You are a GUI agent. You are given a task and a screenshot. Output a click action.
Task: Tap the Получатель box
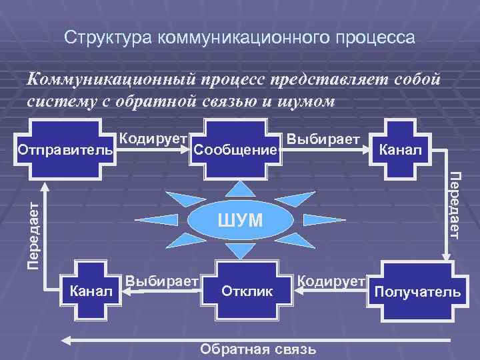pos(417,291)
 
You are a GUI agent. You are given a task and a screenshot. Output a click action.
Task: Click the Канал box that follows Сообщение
pos(400,148)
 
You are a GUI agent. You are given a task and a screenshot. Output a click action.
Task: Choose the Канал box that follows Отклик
pos(89,291)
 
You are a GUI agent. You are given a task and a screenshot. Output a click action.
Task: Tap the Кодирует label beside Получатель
pos(331,280)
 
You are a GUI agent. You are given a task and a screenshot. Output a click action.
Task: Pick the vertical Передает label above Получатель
pos(455,205)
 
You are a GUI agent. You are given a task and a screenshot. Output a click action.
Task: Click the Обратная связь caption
pos(259,350)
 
